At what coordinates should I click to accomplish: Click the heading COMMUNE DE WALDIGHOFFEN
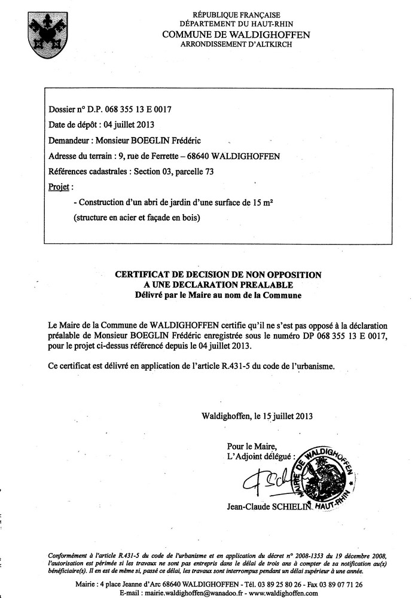(236, 35)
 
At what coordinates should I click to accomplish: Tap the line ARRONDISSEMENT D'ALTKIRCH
(236, 45)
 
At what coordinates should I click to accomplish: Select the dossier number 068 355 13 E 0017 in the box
(138, 109)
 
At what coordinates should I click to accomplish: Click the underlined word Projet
(59, 187)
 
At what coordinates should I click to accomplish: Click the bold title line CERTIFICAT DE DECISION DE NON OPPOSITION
(218, 274)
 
